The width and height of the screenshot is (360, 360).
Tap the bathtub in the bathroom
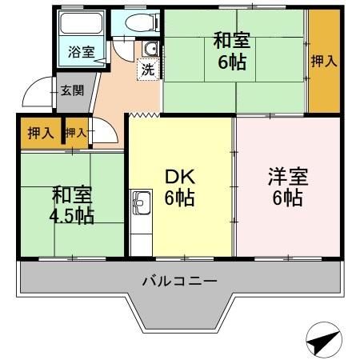coord(80,24)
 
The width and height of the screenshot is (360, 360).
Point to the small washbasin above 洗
coord(149,50)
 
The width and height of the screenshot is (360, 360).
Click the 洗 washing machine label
coord(148,70)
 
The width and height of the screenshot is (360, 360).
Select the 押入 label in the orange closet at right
coord(323,62)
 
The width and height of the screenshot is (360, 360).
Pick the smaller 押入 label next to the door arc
coord(75,133)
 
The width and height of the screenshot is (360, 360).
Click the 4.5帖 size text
coord(73,216)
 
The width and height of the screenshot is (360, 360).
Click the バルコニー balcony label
coord(180,282)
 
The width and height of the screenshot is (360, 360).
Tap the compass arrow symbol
coord(321,342)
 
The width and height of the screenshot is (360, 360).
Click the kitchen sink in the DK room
coord(141,204)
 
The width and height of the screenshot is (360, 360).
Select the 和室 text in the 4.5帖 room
coord(73,194)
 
